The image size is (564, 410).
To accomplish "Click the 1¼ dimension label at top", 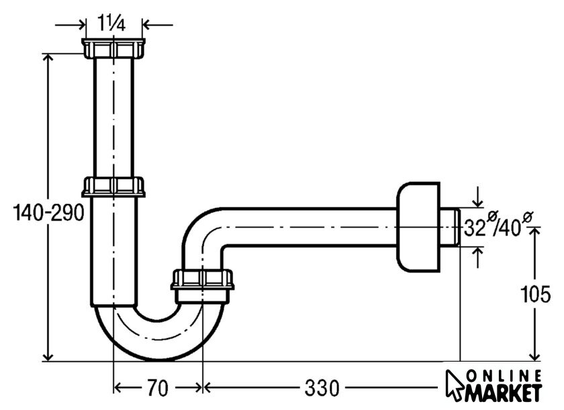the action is point(111,23).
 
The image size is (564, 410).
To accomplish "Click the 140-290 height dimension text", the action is point(49,212).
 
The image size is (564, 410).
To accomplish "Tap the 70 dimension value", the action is point(158,388).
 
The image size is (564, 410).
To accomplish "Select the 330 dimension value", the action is point(322,388).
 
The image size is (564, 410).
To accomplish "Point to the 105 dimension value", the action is point(536,294).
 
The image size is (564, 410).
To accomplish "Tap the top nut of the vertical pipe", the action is point(113,48).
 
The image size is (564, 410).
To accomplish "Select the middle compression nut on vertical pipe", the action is point(113,187).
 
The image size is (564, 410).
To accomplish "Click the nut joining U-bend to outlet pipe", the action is point(203,279).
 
